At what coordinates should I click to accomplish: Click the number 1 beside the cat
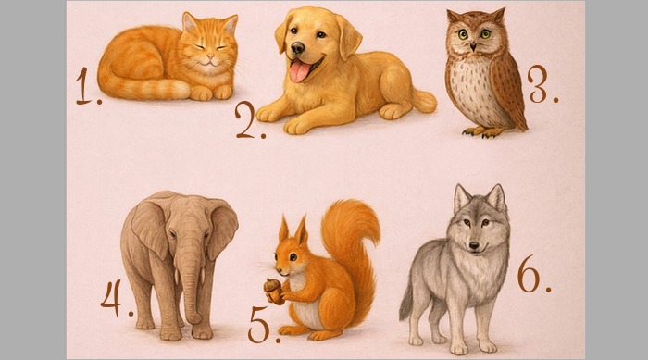coord(84,86)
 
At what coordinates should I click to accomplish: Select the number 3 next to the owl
coord(538,83)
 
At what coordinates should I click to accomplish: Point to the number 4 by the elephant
coord(112,298)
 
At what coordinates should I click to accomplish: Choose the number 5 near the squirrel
coord(258,325)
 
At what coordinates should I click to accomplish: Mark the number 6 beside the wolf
coord(529,274)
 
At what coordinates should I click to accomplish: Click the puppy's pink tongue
coord(299,70)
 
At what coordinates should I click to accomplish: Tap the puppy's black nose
coord(297,48)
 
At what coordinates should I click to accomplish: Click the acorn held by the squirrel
coord(273,291)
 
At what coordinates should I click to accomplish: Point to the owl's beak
coord(473,46)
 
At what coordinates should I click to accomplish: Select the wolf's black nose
coord(474,246)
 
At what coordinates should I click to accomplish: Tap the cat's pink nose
coord(210,56)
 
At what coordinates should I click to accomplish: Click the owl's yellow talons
coord(484,131)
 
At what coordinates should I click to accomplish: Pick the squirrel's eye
coord(293,256)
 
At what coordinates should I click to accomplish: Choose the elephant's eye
coord(172,234)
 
